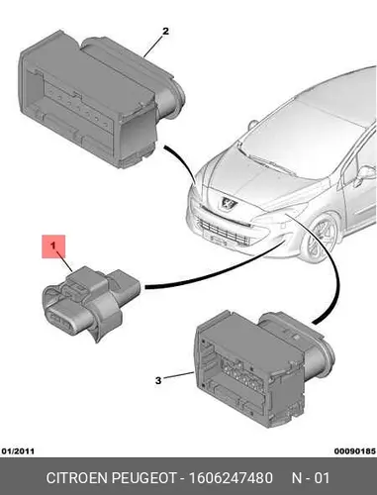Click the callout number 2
[165, 32]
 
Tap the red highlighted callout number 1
[53, 247]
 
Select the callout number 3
[158, 380]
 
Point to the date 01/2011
[18, 450]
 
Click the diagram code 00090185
[355, 450]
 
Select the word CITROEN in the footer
[77, 478]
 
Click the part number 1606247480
[231, 478]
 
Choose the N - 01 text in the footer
[311, 478]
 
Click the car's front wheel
[321, 239]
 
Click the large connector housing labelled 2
[99, 99]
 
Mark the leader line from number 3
[178, 375]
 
